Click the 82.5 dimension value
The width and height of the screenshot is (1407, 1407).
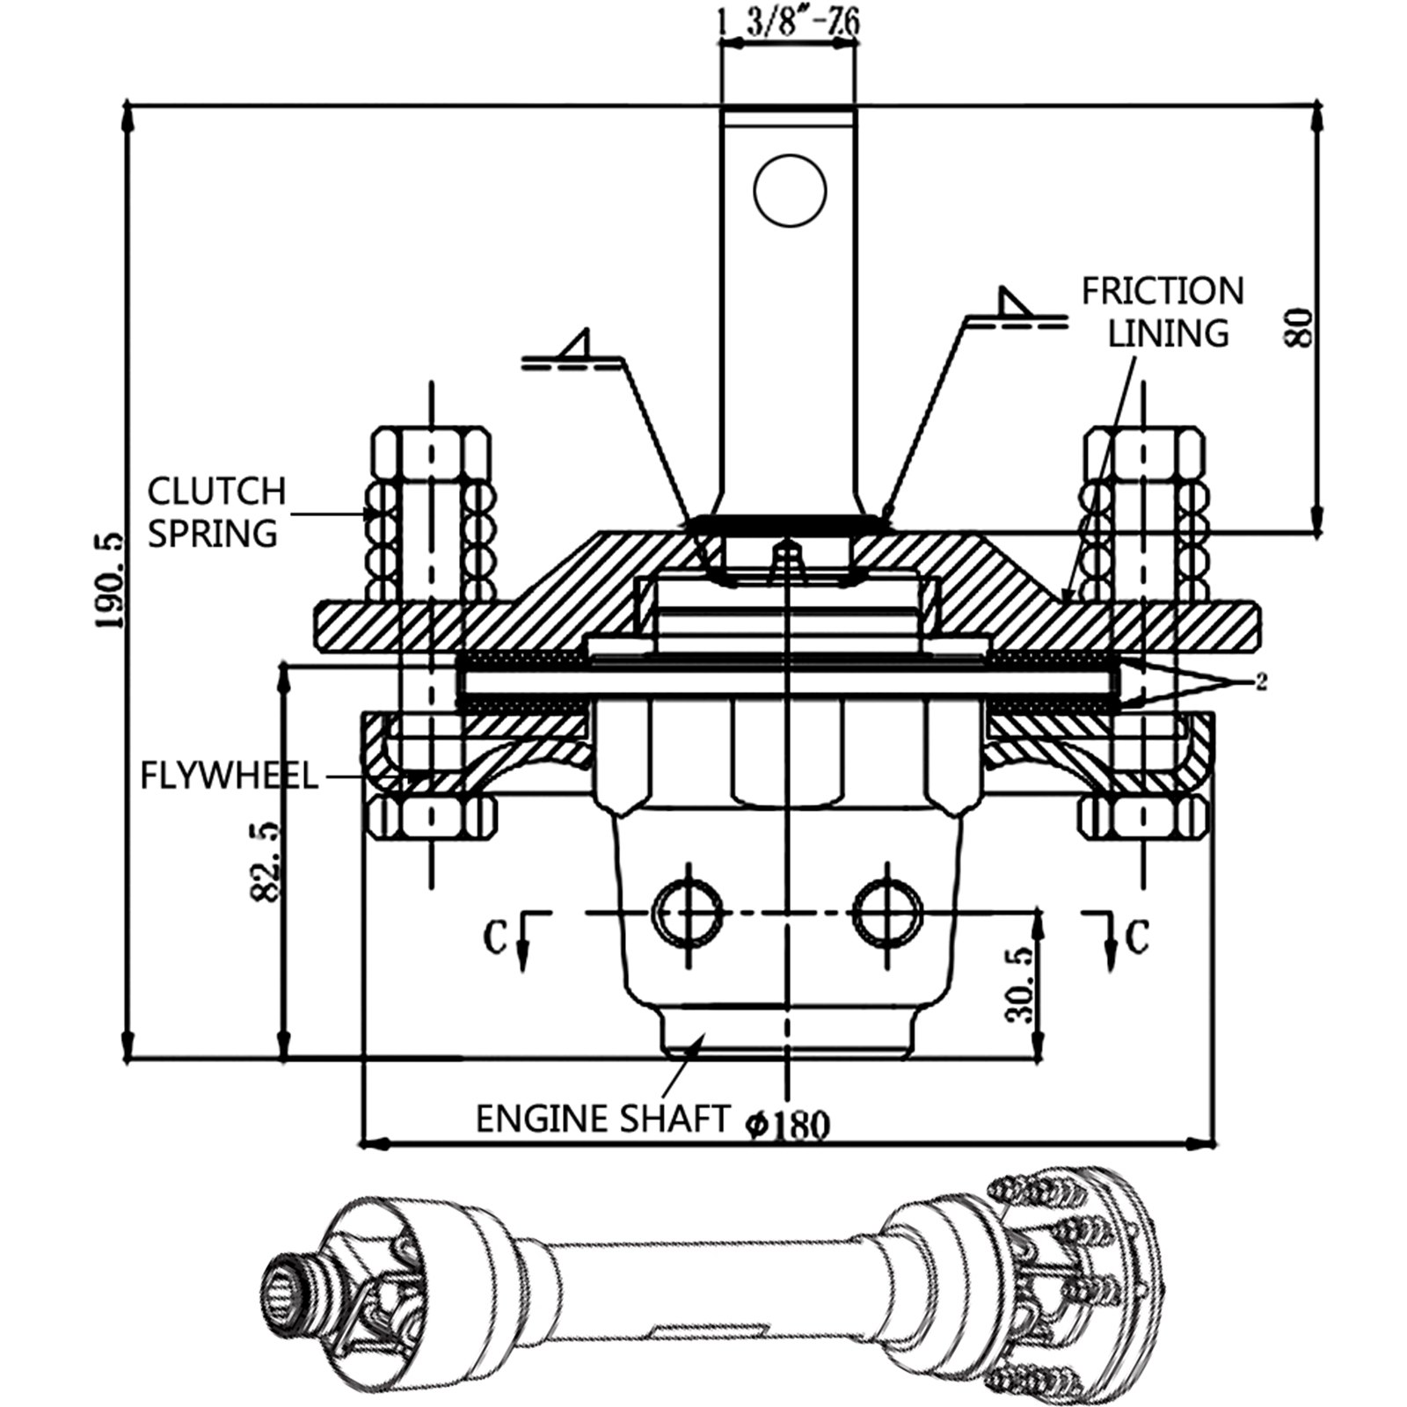(263, 861)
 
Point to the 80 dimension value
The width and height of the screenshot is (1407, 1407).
(1300, 327)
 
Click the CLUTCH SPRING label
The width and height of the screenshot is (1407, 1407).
(216, 512)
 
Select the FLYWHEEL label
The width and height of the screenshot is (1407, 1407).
(229, 776)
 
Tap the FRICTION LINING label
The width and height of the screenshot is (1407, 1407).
(1163, 312)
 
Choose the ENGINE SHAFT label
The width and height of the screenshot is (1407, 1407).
(602, 1119)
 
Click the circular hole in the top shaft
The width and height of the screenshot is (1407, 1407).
(790, 190)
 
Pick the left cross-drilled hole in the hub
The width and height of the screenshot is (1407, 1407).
(689, 913)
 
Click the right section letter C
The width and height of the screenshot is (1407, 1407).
(1137, 937)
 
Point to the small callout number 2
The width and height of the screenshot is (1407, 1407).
(1261, 682)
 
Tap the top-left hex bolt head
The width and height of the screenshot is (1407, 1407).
(431, 452)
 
